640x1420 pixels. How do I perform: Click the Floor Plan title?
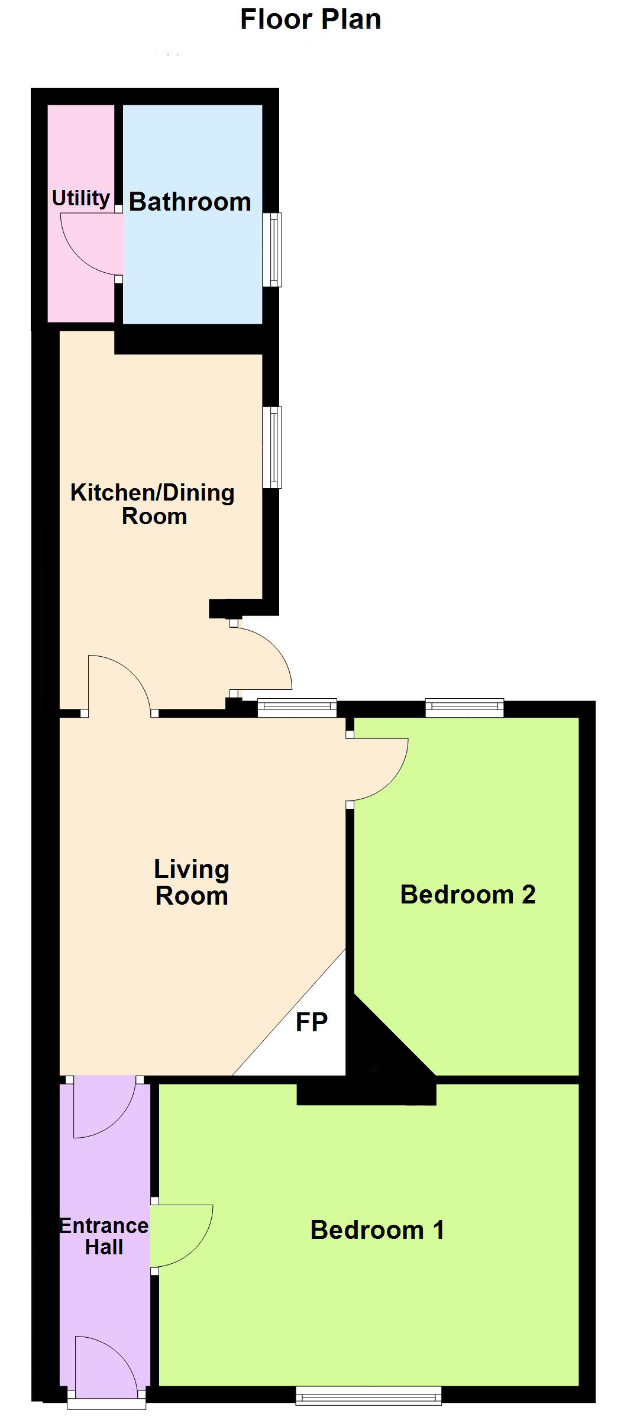(311, 20)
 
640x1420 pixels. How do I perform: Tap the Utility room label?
(81, 198)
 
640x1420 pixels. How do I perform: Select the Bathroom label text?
(190, 202)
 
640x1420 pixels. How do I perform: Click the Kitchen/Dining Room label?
(153, 504)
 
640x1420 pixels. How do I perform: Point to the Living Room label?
(192, 882)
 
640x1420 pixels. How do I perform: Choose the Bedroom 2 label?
(468, 894)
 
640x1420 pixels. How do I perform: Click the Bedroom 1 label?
(377, 1230)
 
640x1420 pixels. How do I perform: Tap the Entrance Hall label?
(104, 1236)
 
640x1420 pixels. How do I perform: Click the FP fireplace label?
(311, 1022)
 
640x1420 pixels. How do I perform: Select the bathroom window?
(272, 250)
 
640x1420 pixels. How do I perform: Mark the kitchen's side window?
(272, 447)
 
